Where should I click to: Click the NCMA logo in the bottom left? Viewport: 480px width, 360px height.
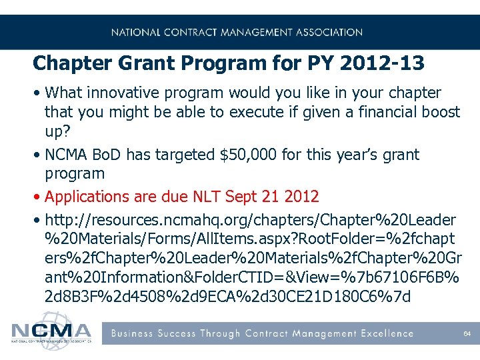[51, 331]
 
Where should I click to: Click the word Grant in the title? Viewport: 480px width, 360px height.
[127, 63]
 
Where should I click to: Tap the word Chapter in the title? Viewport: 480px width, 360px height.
[63, 63]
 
